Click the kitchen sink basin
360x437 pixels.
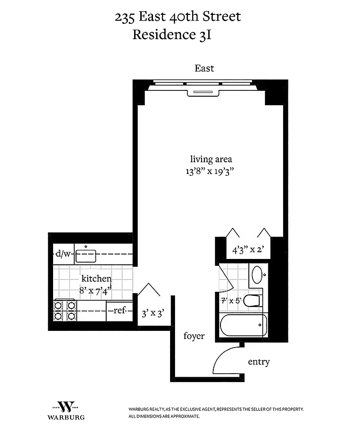point(85,256)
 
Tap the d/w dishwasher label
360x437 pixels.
point(63,254)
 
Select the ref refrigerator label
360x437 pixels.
point(119,310)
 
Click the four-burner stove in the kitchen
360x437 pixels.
point(65,310)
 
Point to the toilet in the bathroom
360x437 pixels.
point(253,301)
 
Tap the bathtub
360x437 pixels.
point(243,326)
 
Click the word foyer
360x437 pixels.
point(194,336)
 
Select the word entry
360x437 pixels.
point(259,362)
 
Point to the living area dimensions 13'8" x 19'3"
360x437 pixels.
point(210,171)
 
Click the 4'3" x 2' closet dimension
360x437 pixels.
point(248,250)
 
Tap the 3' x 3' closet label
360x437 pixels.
point(153,313)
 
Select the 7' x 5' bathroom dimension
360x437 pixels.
point(231,301)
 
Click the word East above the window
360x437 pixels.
point(204,68)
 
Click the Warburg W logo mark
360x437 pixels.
point(66,406)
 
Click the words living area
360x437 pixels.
point(211,159)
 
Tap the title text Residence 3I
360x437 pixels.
point(172,35)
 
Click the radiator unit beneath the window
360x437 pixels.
point(203,93)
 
